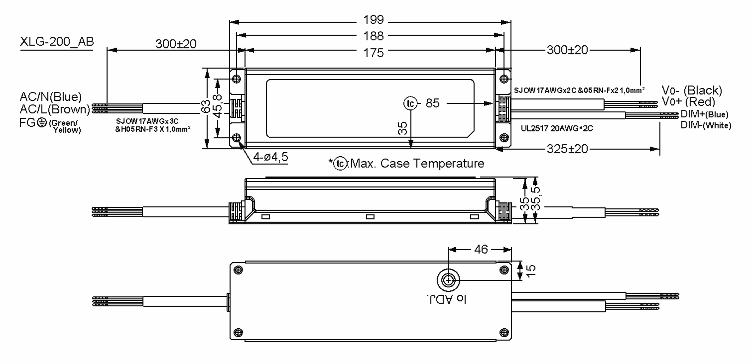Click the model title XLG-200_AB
click(x=57, y=42)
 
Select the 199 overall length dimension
click(x=373, y=20)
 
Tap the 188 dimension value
click(x=373, y=36)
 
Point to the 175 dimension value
click(x=373, y=53)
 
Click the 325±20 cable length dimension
click(x=567, y=149)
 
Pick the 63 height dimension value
click(x=206, y=107)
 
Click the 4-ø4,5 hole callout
click(x=270, y=157)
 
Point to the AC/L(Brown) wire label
click(x=55, y=109)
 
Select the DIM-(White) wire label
click(x=706, y=125)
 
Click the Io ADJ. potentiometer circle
click(x=448, y=280)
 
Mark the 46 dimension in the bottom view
click(x=481, y=250)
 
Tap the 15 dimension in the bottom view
click(x=531, y=271)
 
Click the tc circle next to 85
click(x=410, y=104)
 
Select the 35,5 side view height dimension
click(x=536, y=199)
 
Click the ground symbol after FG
click(x=42, y=123)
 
